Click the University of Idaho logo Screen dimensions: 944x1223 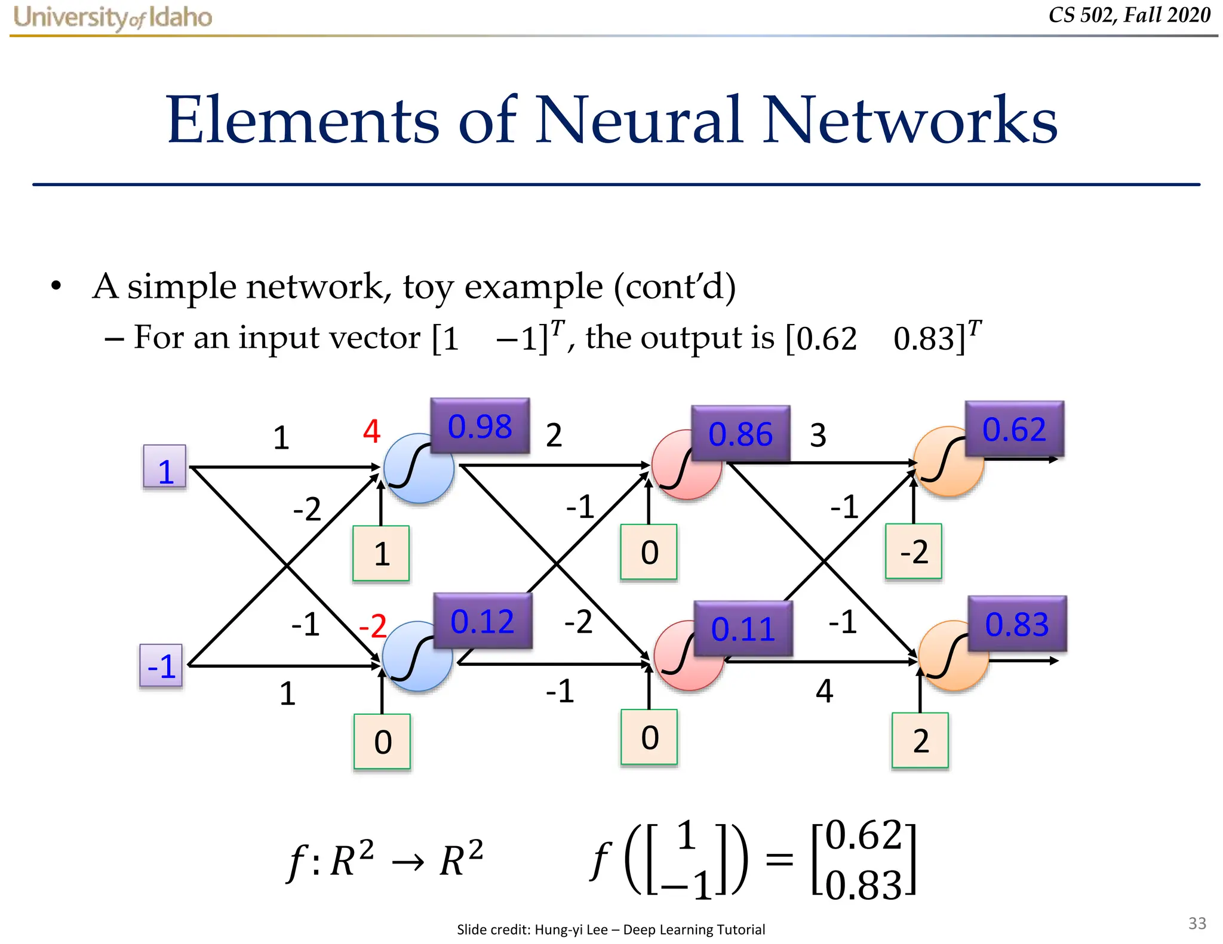point(112,17)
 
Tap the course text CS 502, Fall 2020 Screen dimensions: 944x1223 point(1129,15)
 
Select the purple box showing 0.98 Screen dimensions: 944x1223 point(480,426)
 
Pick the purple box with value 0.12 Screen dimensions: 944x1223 point(482,621)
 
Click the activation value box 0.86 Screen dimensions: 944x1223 point(740,434)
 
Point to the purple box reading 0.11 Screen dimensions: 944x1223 point(743,628)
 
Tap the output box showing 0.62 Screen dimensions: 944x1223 point(1014,429)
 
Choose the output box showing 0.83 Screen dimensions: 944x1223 point(1016,624)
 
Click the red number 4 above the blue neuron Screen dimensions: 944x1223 point(371,431)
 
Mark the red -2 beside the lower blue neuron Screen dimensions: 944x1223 point(373,626)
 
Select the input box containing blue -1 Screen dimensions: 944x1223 point(161,666)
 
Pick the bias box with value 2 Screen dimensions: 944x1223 point(920,741)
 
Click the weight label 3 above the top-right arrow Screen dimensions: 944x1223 point(818,435)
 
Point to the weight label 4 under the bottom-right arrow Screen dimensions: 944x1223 point(824,691)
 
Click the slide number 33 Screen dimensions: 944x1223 point(1197,923)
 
